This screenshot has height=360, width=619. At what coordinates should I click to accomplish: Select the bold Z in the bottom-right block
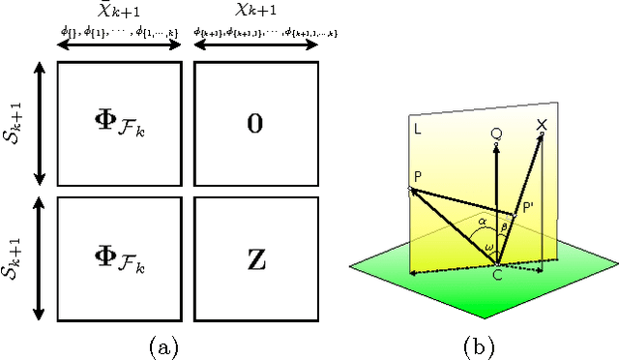click(x=255, y=259)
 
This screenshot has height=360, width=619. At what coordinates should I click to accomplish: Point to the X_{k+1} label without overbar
click(x=256, y=16)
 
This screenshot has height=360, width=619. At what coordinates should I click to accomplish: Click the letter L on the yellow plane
click(x=416, y=127)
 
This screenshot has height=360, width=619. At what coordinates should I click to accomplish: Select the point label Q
click(x=496, y=134)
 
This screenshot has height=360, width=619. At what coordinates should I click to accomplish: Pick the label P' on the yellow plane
click(x=529, y=207)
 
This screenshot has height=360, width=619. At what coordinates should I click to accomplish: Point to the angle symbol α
click(x=481, y=221)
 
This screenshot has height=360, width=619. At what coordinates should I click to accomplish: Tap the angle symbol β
click(x=503, y=227)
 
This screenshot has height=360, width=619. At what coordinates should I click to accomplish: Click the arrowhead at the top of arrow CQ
click(x=496, y=147)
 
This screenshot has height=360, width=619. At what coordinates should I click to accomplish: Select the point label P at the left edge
click(x=416, y=177)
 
